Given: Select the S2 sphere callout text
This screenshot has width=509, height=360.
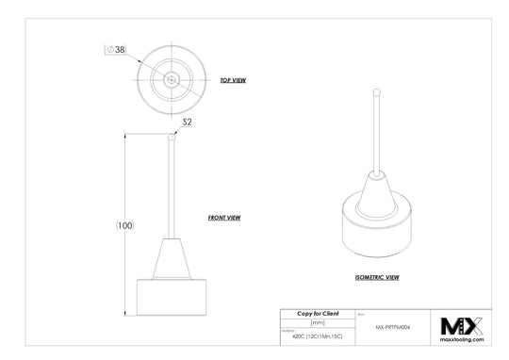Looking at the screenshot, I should (x=187, y=122).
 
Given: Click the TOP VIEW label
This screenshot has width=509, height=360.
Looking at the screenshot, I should (x=232, y=81).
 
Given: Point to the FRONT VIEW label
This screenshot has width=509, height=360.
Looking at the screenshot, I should (x=224, y=218).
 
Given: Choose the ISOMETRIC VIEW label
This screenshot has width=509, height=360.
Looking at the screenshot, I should (x=377, y=278).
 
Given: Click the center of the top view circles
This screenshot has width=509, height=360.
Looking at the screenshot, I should (x=171, y=80).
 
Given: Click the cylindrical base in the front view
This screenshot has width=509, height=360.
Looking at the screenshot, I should (x=171, y=296).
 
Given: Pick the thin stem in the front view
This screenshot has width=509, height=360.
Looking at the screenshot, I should (x=171, y=188).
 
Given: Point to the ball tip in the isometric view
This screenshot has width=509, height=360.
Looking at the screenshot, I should (x=376, y=93).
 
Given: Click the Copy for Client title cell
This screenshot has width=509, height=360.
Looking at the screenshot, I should (x=318, y=313).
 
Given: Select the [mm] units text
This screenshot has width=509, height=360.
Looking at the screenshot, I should (x=318, y=322).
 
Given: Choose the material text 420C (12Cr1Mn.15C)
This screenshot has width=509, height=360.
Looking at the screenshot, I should (x=318, y=335).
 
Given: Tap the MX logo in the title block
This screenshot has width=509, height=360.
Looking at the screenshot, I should (x=462, y=326).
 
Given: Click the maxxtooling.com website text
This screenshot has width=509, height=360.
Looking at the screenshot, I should (x=462, y=341).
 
